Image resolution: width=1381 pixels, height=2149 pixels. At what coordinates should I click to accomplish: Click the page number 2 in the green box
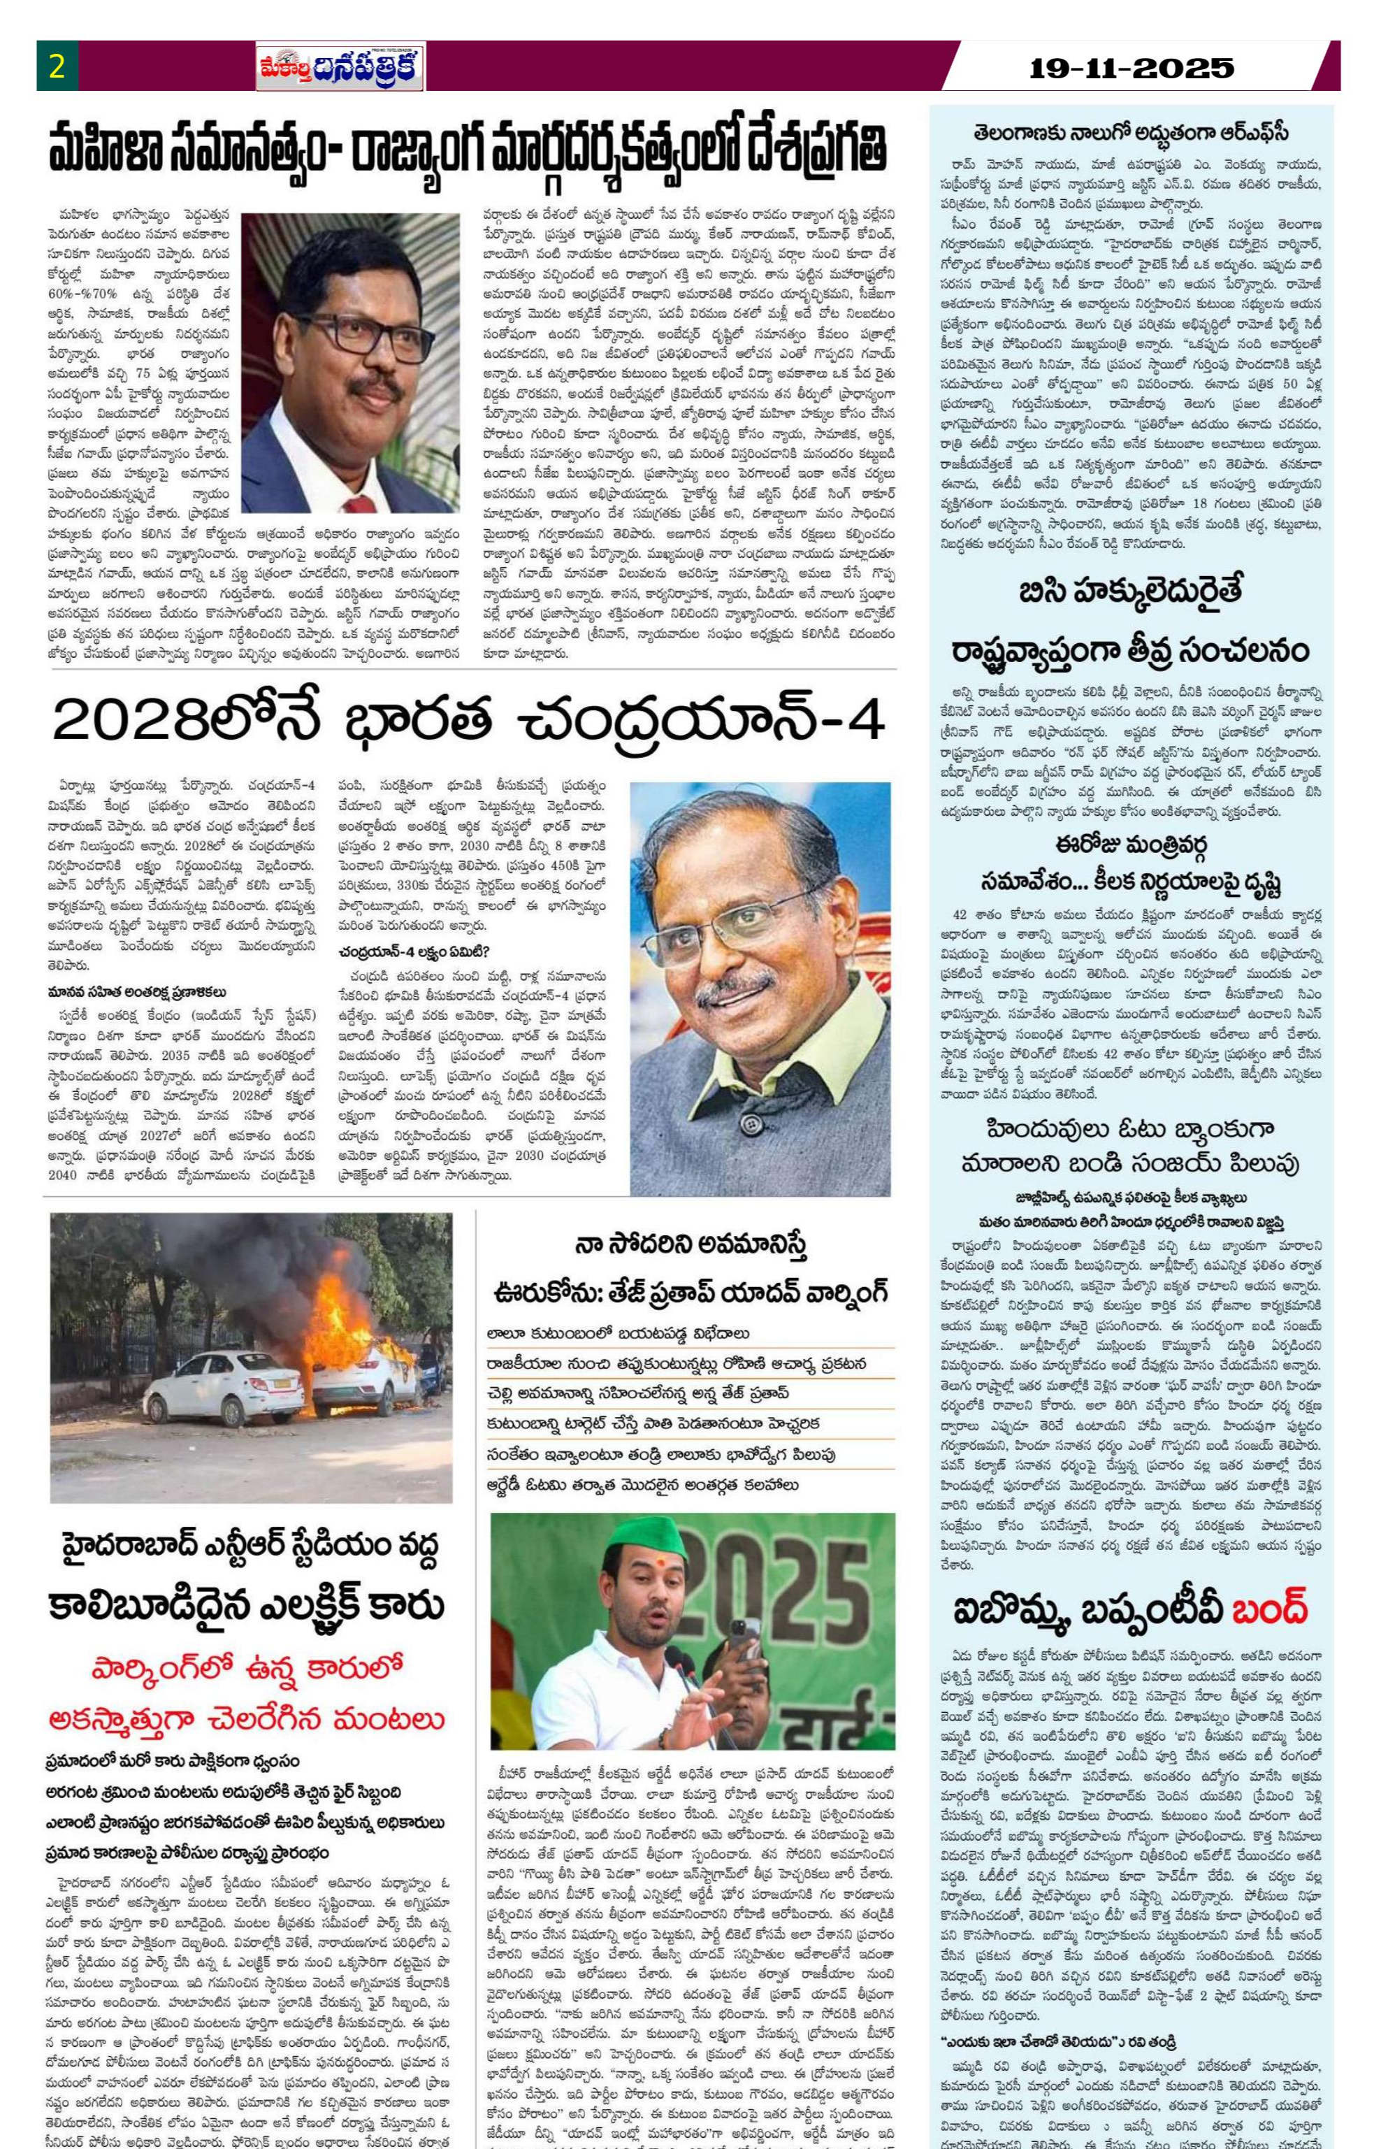(57, 67)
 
